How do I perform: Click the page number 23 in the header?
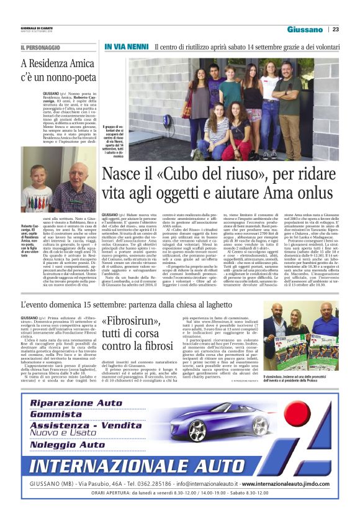[336, 29]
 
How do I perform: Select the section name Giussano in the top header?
[305, 29]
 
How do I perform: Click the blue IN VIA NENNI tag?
[125, 47]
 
